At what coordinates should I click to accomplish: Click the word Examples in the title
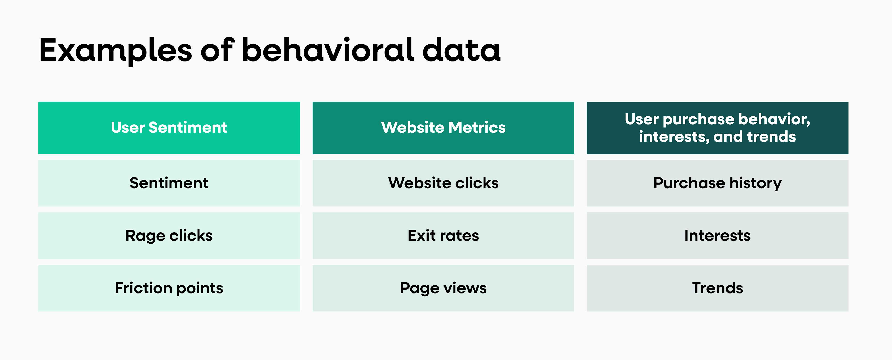[x=115, y=51]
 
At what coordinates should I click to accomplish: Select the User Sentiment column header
[x=169, y=128]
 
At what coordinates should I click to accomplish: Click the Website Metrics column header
[x=443, y=128]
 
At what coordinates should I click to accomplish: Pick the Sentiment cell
[x=169, y=183]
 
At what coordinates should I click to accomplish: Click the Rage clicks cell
[x=169, y=236]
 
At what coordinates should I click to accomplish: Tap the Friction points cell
[x=169, y=288]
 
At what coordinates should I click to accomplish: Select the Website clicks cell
[x=443, y=183]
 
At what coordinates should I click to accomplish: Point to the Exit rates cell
[x=443, y=236]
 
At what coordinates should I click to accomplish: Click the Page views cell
[x=443, y=288]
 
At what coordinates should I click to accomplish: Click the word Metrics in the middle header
[x=477, y=128]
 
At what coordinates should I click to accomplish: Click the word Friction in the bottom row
[x=143, y=288]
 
